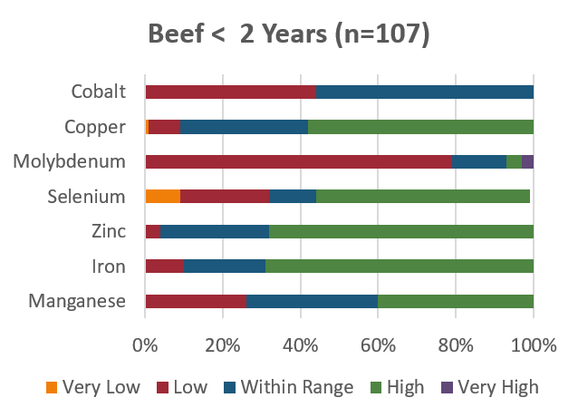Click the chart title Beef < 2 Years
(x=289, y=35)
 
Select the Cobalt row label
(x=98, y=92)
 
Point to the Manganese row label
(x=77, y=302)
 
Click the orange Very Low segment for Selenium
(x=162, y=197)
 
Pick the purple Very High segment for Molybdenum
(x=527, y=162)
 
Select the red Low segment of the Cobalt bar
(x=230, y=92)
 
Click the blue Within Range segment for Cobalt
(x=425, y=92)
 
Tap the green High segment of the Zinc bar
(x=401, y=232)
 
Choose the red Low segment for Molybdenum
(x=298, y=162)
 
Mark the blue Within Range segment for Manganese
(x=312, y=302)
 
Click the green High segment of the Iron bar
(x=400, y=267)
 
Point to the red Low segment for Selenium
(x=225, y=197)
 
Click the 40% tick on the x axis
(x=300, y=345)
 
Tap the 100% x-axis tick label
(x=533, y=345)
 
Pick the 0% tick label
(x=144, y=345)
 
